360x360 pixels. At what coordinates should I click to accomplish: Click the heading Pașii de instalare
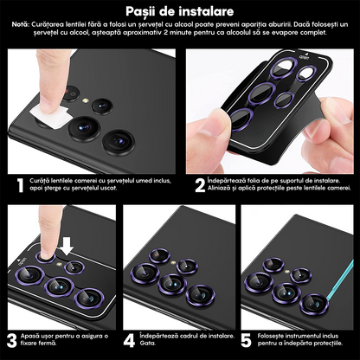[179, 10]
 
